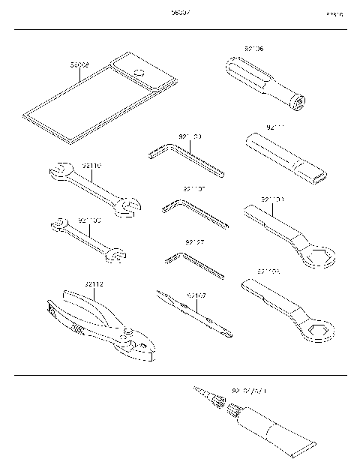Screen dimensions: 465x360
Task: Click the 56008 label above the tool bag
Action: click(79, 65)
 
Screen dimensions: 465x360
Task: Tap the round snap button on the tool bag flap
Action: click(138, 72)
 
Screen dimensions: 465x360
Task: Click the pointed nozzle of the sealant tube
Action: click(205, 394)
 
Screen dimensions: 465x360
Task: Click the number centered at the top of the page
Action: click(180, 13)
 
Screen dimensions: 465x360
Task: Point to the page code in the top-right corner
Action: click(334, 14)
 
